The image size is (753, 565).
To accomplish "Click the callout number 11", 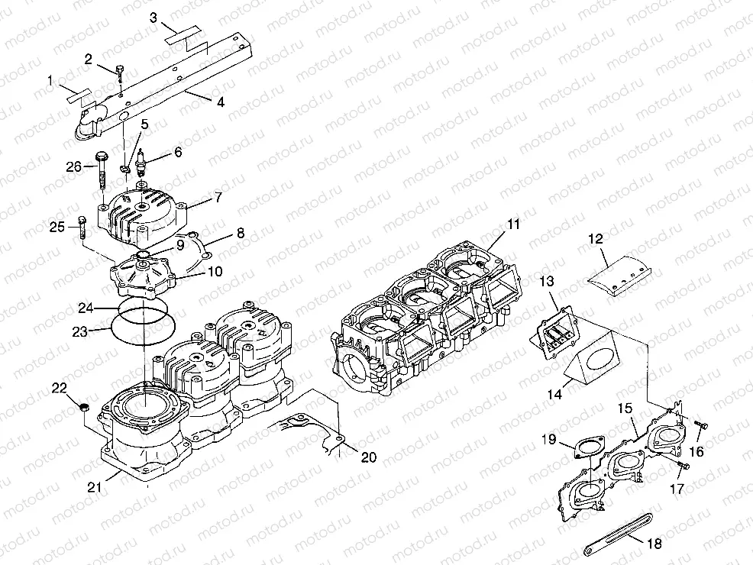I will pyautogui.click(x=513, y=224).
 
